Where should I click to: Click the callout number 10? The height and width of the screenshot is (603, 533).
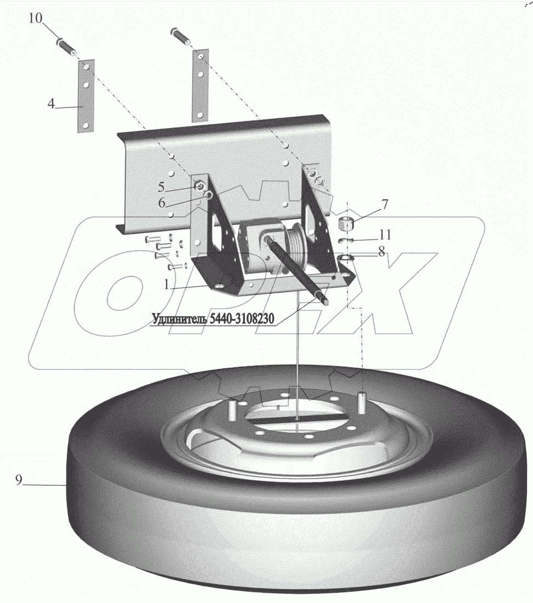coord(36,18)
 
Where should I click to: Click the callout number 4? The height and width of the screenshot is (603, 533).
coord(51,104)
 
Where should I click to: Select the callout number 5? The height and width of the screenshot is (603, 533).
coord(161,187)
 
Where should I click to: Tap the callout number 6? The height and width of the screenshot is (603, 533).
coord(162,202)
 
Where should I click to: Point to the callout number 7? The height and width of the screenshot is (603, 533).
coord(385,204)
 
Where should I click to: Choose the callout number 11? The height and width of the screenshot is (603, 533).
coord(385,234)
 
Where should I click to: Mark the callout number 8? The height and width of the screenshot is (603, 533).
coord(381,252)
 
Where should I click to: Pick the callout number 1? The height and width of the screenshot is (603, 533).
coord(166,285)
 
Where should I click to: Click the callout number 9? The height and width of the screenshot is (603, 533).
coord(19,480)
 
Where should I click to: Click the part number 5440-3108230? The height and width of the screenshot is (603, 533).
coord(242,318)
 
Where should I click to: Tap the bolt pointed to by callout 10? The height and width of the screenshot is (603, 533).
coord(67,45)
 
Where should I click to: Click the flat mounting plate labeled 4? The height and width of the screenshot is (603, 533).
coord(87,96)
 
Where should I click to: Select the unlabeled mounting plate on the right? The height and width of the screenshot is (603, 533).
coord(200,86)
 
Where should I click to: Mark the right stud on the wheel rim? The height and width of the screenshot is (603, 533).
coord(362,402)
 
